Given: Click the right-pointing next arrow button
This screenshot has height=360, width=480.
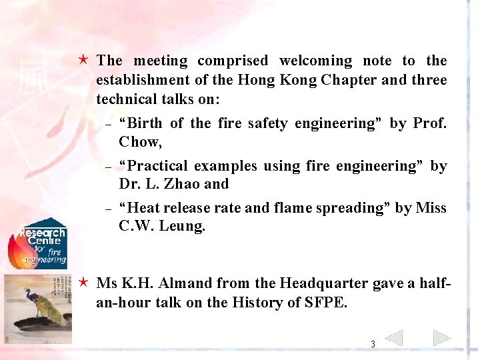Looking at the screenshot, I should click(x=442, y=338).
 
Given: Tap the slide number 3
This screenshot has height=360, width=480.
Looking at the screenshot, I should click(x=373, y=345).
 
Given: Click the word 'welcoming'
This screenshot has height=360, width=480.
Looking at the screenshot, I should click(x=315, y=61).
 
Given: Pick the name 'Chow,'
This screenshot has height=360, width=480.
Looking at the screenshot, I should click(x=140, y=141).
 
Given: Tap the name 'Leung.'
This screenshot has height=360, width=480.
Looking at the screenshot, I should click(x=181, y=227).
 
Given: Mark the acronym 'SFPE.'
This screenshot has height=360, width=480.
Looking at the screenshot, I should click(x=323, y=302).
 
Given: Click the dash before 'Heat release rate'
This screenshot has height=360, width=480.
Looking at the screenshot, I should click(x=108, y=209).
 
